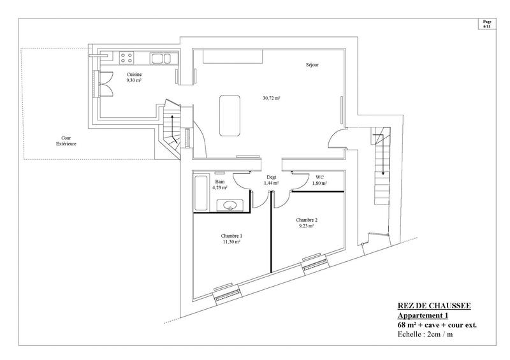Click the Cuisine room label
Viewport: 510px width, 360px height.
tap(134, 75)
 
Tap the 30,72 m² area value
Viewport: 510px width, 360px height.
tap(272, 98)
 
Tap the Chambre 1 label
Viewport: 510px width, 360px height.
tap(231, 236)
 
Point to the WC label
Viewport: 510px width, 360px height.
tap(319, 178)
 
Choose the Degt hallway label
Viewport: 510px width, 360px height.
tap(272, 178)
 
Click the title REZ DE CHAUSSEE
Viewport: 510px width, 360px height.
tap(433, 306)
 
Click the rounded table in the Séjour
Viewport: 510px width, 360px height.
tap(229, 115)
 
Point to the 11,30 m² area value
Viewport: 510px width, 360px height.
tap(231, 242)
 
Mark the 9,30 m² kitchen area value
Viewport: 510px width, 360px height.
tap(133, 81)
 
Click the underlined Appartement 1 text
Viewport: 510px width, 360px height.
tap(423, 315)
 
